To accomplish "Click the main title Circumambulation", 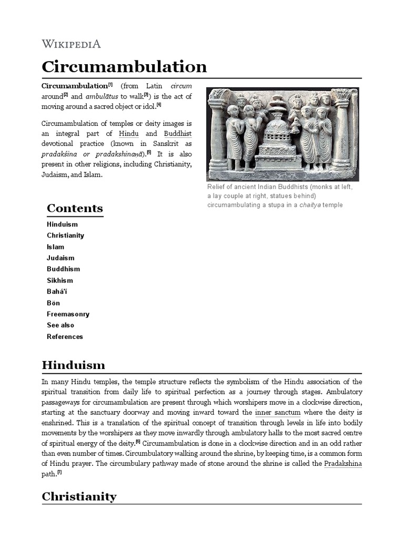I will pos(124,67).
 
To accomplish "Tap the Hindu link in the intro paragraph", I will pos(129,134).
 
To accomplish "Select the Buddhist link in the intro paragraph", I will pos(177,134).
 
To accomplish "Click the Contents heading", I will pos(75,208).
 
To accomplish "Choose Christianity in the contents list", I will pos(65,235).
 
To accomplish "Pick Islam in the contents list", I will pos(55,247).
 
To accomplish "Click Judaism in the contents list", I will pos(60,258).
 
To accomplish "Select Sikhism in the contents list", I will pos(60,281).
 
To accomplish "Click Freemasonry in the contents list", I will pos(68,314).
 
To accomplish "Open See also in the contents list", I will pos(60,325).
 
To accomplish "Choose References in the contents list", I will pos(65,337).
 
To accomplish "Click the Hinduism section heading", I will pos(73,365).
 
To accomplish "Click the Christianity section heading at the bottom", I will pos(79,496).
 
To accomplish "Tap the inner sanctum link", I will pos(277,412).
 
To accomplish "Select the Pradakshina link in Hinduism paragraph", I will pos(342,463).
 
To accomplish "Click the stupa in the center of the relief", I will pos(276,136).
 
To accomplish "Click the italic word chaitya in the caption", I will pos(309,205).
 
